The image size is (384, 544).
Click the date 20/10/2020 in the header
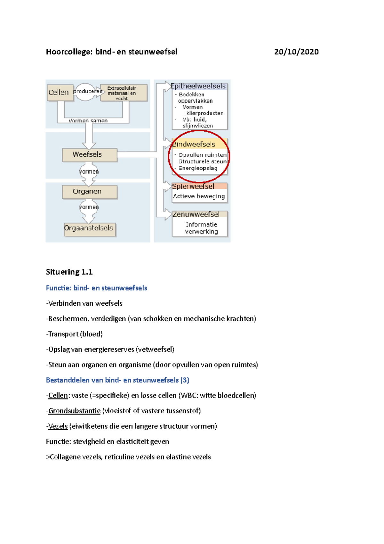296,52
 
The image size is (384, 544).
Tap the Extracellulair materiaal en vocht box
124,93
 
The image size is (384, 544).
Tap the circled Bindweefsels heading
194,144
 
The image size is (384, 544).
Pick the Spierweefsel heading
194,186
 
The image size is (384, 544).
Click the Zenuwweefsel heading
196,214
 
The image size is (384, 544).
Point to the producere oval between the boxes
86,92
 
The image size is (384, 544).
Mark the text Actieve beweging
199,196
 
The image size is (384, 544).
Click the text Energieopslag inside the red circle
198,168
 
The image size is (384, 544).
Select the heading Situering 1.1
69,272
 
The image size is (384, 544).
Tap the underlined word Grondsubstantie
74,411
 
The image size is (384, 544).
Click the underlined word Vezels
58,426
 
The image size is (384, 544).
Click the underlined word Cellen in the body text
58,395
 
